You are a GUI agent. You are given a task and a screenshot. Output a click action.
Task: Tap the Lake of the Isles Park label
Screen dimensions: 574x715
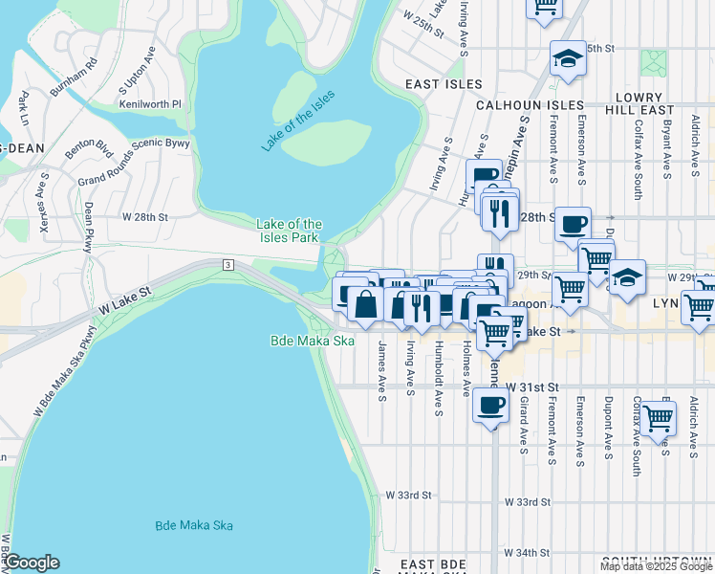[288, 231]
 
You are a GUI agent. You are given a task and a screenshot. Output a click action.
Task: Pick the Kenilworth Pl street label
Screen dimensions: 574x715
[150, 102]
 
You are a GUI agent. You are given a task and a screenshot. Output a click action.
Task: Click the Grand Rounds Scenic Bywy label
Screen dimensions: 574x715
[134, 162]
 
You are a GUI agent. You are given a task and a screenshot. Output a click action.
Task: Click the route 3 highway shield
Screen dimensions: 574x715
[227, 264]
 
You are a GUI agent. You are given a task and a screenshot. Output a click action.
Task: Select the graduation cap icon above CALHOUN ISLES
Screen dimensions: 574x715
[567, 58]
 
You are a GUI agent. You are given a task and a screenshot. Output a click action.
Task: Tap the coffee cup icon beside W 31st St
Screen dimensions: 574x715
[490, 406]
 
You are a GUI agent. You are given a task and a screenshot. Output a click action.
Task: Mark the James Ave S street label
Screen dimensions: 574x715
[381, 370]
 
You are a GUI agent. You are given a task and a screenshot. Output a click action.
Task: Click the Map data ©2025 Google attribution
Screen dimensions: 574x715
[656, 566]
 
